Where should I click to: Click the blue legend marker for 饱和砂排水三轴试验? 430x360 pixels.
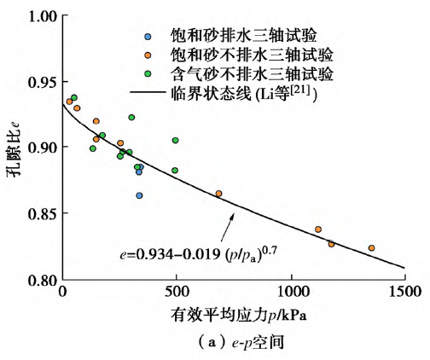click(x=148, y=37)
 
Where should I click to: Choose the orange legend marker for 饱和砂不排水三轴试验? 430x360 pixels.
click(x=148, y=55)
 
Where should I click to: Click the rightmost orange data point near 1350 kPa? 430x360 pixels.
click(x=371, y=248)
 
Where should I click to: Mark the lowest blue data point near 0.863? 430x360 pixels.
click(x=139, y=195)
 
